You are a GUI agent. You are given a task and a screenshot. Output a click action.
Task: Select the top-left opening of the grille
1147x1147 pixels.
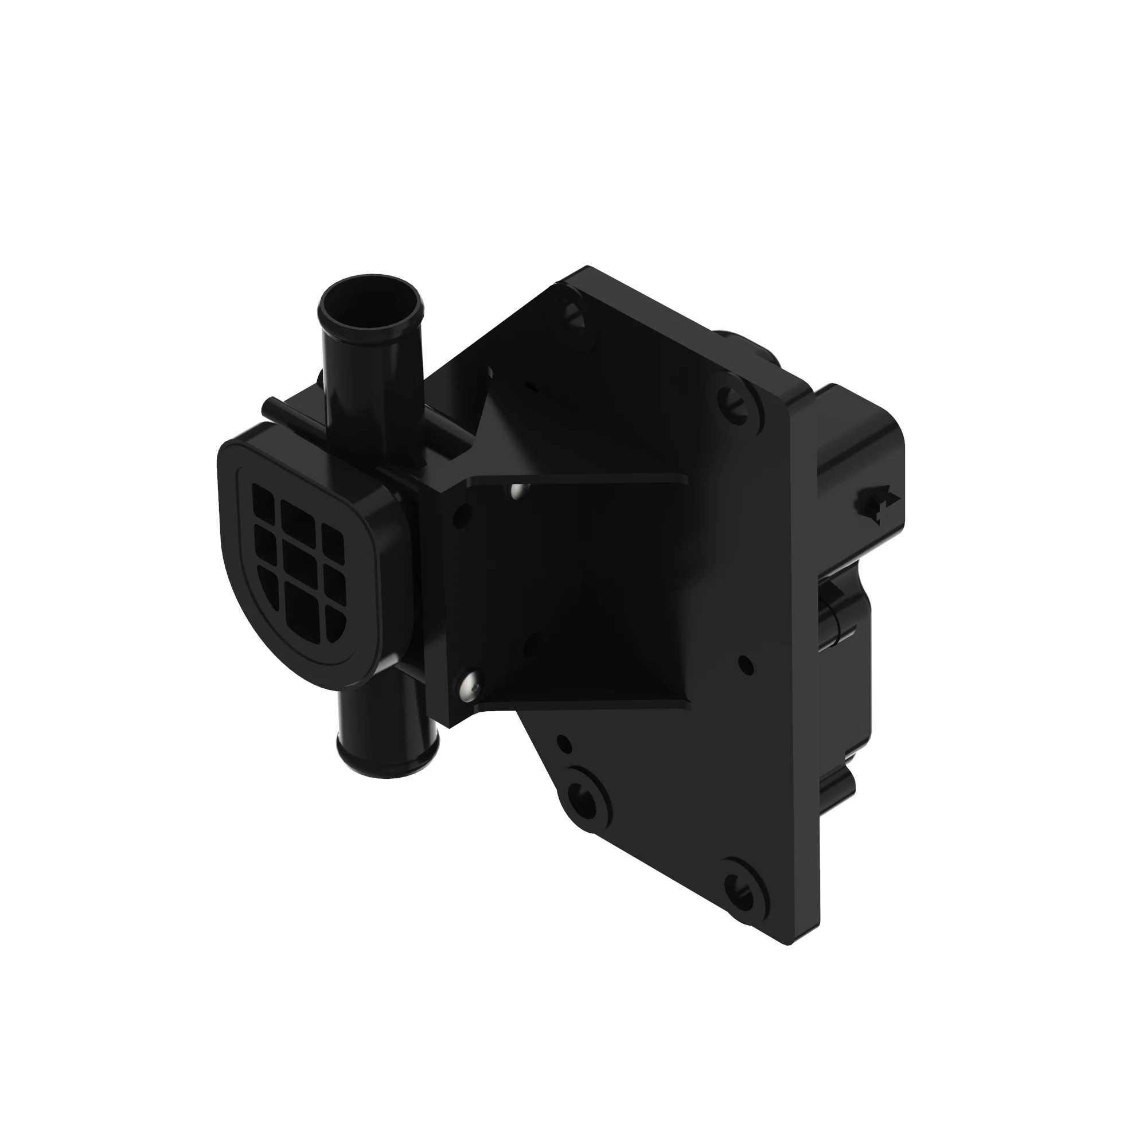[x=264, y=500]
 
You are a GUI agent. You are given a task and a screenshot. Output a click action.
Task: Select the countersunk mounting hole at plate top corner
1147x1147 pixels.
[x=574, y=315]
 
